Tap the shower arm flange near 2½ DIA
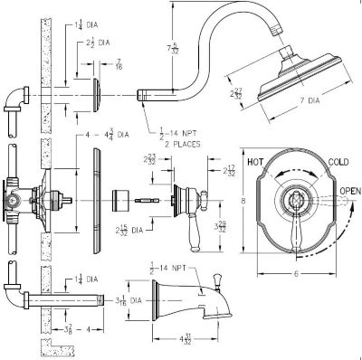[x=97, y=92]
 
